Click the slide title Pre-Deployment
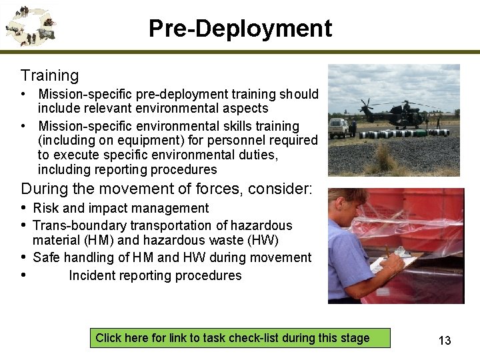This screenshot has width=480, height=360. pos(240,29)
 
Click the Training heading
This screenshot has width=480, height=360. pos(49,76)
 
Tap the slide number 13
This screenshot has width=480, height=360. pos(445,341)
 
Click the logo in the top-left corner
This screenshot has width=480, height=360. pos(30,26)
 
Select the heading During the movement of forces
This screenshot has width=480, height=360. pos(166,189)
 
